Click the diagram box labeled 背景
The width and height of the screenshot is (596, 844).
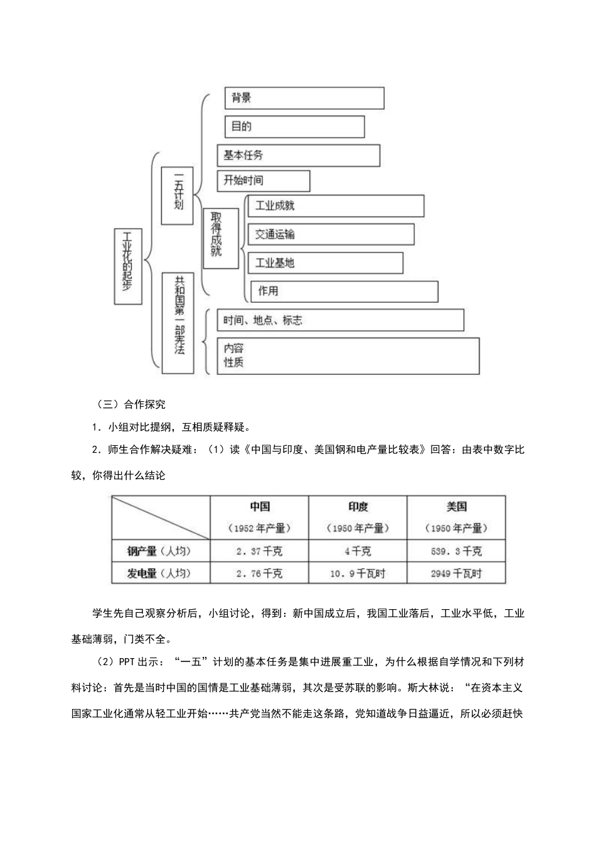tap(304, 98)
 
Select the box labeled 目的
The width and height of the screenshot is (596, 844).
tap(294, 126)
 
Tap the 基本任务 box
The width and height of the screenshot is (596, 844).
tap(298, 156)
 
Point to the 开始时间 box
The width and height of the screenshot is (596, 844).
tap(263, 181)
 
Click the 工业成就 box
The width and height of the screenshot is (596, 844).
tap(336, 206)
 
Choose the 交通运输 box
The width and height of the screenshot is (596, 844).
tap(331, 234)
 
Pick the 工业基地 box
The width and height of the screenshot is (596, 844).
tap(325, 263)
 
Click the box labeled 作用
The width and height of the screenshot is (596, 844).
tap(344, 291)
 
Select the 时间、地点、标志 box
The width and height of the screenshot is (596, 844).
tap(340, 320)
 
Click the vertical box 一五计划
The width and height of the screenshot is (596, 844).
tap(177, 195)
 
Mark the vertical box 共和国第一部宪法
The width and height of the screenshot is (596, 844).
tap(178, 323)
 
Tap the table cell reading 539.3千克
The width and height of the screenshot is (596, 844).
tap(456, 551)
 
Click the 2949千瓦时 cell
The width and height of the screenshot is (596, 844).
tap(456, 573)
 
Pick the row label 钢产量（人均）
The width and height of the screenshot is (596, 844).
tap(161, 551)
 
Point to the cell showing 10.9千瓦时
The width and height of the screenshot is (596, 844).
tap(358, 573)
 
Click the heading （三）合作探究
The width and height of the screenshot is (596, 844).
tap(131, 404)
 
